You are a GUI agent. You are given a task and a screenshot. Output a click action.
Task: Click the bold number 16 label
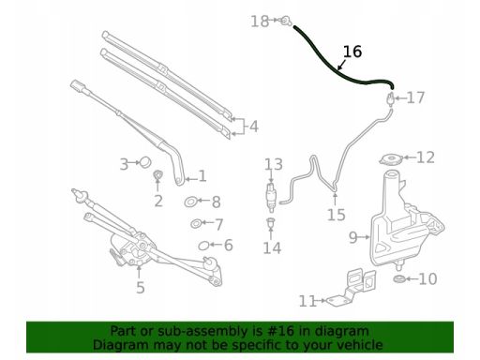tap(352, 52)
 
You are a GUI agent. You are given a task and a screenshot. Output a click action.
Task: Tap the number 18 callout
tap(260, 22)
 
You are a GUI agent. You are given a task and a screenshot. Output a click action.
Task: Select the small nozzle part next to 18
tap(285, 21)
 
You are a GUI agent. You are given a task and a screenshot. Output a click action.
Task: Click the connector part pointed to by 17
tap(390, 99)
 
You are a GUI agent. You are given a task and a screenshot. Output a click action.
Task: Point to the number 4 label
tap(254, 127)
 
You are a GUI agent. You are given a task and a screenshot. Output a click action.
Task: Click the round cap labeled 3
tap(145, 162)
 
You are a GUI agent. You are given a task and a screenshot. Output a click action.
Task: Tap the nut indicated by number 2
tap(158, 175)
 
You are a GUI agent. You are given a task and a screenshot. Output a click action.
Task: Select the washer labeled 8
tap(190, 202)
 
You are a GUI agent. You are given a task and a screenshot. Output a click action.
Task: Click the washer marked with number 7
tap(196, 223)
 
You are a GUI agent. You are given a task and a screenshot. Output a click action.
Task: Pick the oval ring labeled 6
tap(203, 246)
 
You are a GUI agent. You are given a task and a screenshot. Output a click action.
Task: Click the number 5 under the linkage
tap(141, 287)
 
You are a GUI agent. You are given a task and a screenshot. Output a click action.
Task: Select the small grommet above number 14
tap(270, 222)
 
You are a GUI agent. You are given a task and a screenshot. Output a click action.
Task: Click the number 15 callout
tap(337, 215)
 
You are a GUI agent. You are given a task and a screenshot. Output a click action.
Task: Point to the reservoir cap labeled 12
tap(391, 159)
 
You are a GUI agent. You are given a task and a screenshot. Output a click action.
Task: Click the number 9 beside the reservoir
tap(353, 237)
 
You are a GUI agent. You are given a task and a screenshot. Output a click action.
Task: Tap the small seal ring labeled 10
tap(399, 278)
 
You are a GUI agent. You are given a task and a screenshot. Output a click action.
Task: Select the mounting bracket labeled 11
tap(352, 289)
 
